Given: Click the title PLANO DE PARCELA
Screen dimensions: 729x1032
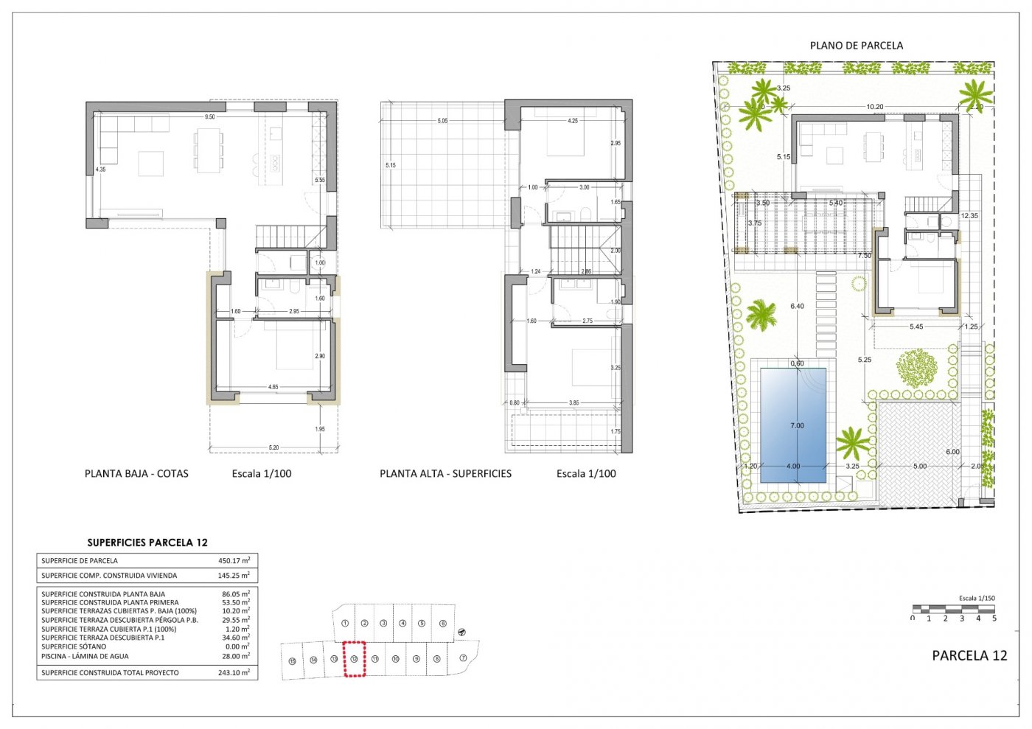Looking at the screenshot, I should [x=856, y=45].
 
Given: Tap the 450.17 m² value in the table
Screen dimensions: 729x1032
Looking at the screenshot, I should [x=234, y=560].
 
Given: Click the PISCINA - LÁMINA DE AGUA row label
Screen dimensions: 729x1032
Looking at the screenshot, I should [x=85, y=656].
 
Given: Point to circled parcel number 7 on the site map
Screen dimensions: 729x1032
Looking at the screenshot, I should [x=463, y=658].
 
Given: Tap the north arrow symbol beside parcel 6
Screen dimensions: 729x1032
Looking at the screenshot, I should [x=462, y=632].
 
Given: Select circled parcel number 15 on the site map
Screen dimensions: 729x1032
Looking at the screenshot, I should [x=293, y=660].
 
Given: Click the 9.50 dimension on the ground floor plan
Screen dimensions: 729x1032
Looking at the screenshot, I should [x=210, y=117].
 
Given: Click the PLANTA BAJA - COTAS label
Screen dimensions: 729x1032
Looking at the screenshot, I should [x=136, y=474].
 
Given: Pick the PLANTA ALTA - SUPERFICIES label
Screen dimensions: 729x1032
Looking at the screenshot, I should [x=445, y=474].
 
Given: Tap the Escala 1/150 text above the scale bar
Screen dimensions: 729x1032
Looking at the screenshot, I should [x=976, y=599].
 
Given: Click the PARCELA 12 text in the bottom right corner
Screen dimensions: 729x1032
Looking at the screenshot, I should [x=969, y=655].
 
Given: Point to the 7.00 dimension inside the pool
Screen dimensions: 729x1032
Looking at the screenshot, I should [x=797, y=425].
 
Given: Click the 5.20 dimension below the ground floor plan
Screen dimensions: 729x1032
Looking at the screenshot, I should [x=273, y=447].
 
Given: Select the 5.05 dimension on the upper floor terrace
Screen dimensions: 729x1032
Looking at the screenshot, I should [x=442, y=121].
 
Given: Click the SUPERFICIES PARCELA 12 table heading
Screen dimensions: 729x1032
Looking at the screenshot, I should [x=147, y=543].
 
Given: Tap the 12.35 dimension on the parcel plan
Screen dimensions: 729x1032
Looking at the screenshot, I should [x=969, y=216].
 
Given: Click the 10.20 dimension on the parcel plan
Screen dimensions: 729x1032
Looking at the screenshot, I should [x=874, y=107].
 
